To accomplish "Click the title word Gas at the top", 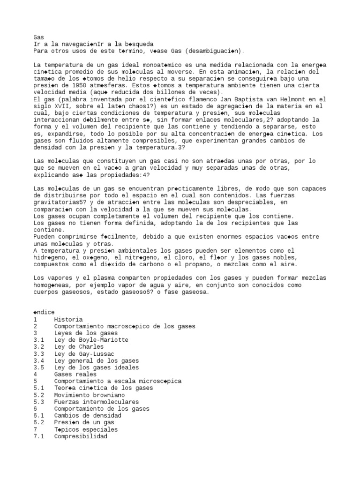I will [x=38, y=37].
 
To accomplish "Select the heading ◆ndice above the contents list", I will [x=44, y=312].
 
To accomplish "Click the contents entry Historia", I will [x=68, y=319].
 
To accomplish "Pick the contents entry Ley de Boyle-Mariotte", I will [x=91, y=340].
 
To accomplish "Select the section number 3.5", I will [x=39, y=367].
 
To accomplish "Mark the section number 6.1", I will [x=39, y=416].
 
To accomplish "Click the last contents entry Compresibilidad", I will [x=81, y=436].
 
